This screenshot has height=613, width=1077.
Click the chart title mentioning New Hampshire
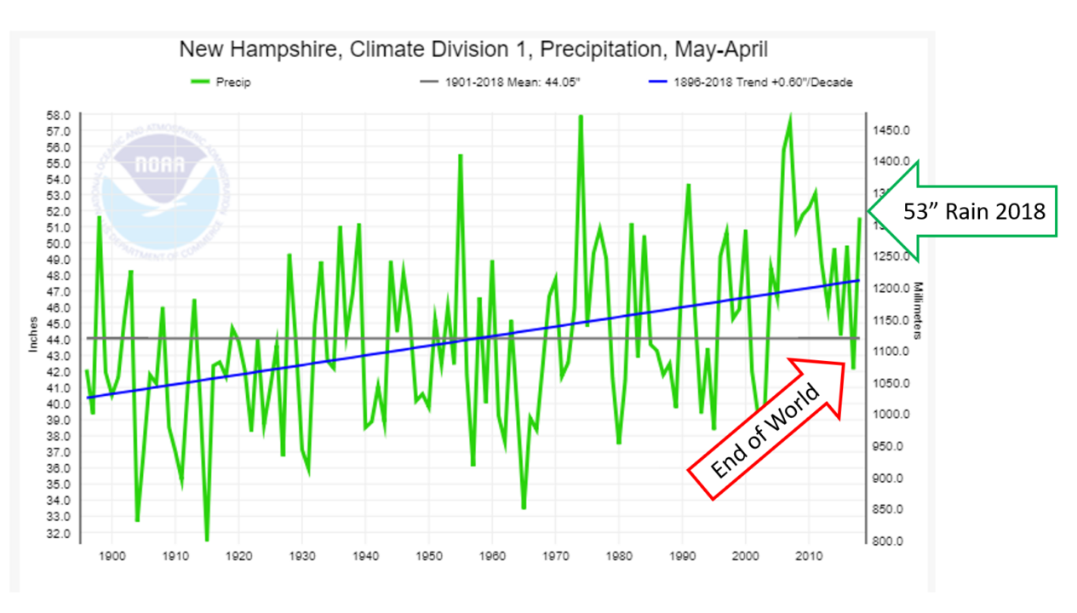(473, 50)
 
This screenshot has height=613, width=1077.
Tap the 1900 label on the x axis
(112, 556)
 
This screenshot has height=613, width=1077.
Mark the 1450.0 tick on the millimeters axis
(891, 129)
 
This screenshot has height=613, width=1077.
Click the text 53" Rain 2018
(974, 211)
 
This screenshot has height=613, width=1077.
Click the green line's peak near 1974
(581, 117)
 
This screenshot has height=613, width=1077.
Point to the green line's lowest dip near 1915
(206, 539)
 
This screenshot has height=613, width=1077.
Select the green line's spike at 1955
(461, 156)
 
